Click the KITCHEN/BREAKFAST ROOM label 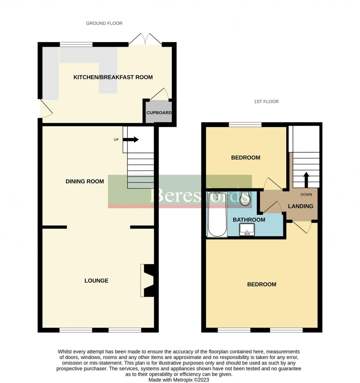point(113,77)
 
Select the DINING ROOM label point(85,181)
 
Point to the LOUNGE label point(96,281)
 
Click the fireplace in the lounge point(147,280)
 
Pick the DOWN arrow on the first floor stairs point(306,179)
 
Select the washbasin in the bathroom point(247,230)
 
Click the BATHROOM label point(249,220)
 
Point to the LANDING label point(301,206)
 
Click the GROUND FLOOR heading point(104,23)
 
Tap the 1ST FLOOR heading point(266,102)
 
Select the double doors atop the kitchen point(145,39)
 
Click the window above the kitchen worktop point(76,44)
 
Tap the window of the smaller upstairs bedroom point(245,124)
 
